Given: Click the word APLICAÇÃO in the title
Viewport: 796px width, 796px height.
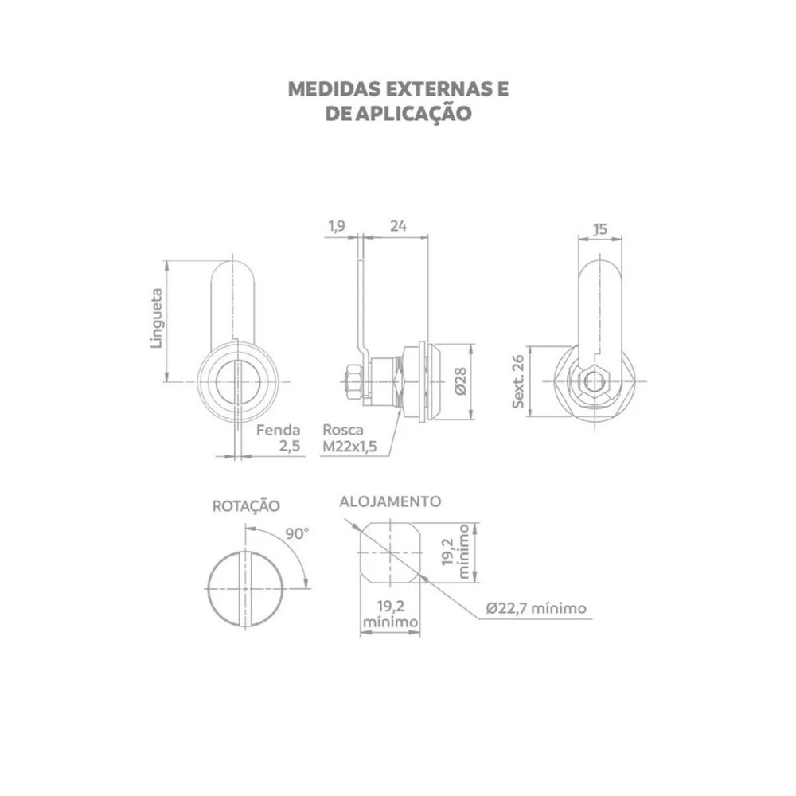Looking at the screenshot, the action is [413, 113].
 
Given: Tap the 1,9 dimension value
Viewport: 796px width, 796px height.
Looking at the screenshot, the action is [337, 226].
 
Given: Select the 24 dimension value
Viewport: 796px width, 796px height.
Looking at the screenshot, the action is [399, 226].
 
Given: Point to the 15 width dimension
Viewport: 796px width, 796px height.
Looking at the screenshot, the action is [600, 229].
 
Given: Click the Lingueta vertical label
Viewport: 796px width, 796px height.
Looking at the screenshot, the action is [158, 318].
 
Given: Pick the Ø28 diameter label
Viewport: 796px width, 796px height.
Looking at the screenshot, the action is [460, 381].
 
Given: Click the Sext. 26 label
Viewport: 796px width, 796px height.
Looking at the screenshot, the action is [518, 381].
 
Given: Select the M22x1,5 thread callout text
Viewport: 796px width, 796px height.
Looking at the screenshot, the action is [349, 447].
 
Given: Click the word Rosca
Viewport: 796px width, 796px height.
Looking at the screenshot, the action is [343, 430].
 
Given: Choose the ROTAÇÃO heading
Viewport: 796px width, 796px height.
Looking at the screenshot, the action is [246, 506].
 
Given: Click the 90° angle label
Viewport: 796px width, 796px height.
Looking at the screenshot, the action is [296, 533].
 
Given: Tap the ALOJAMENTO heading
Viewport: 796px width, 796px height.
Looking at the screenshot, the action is [390, 501].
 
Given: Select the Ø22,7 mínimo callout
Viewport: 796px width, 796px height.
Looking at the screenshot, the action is [536, 607].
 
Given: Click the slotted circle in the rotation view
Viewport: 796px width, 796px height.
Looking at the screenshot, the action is [246, 589].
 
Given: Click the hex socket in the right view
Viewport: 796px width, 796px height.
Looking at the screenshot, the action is [593, 382].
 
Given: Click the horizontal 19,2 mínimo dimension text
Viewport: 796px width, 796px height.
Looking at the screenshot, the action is [390, 614].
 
